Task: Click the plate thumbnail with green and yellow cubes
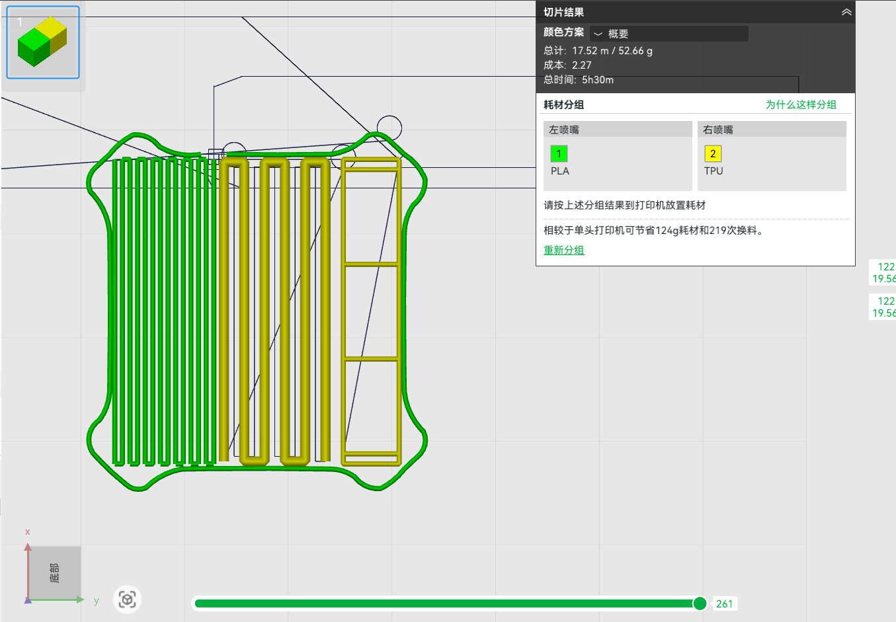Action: [x=42, y=42]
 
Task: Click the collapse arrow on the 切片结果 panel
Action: [x=846, y=13]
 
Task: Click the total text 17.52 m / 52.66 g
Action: [x=612, y=51]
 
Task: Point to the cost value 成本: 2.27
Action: [x=567, y=65]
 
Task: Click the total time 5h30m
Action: [x=597, y=80]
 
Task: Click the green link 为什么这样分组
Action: [x=801, y=104]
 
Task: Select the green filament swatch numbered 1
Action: [x=559, y=154]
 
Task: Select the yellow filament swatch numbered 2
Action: [x=713, y=154]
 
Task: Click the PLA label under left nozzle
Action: [x=560, y=171]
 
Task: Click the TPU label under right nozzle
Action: [x=713, y=171]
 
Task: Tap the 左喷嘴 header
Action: [x=564, y=130]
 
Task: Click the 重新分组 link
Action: [x=564, y=250]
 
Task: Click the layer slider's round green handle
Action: [x=700, y=603]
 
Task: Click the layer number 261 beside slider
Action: [x=724, y=603]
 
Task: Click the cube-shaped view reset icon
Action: [x=127, y=600]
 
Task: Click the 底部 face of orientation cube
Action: [x=55, y=572]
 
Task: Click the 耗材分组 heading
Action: [x=563, y=104]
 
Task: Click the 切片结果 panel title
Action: [x=563, y=13]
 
